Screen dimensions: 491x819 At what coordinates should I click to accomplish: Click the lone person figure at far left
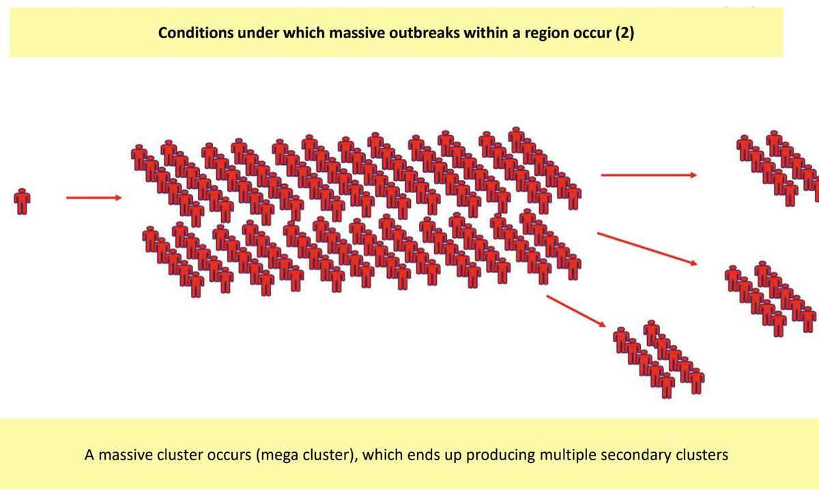point(23,202)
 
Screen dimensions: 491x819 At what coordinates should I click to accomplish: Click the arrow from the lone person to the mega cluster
point(94,198)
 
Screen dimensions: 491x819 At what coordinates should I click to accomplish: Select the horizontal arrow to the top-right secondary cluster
point(648,175)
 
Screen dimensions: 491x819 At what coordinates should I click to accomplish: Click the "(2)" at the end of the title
point(623,33)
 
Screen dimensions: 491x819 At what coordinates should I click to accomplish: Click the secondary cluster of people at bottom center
point(659,358)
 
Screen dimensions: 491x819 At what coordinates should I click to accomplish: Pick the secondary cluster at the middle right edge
point(771,297)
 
